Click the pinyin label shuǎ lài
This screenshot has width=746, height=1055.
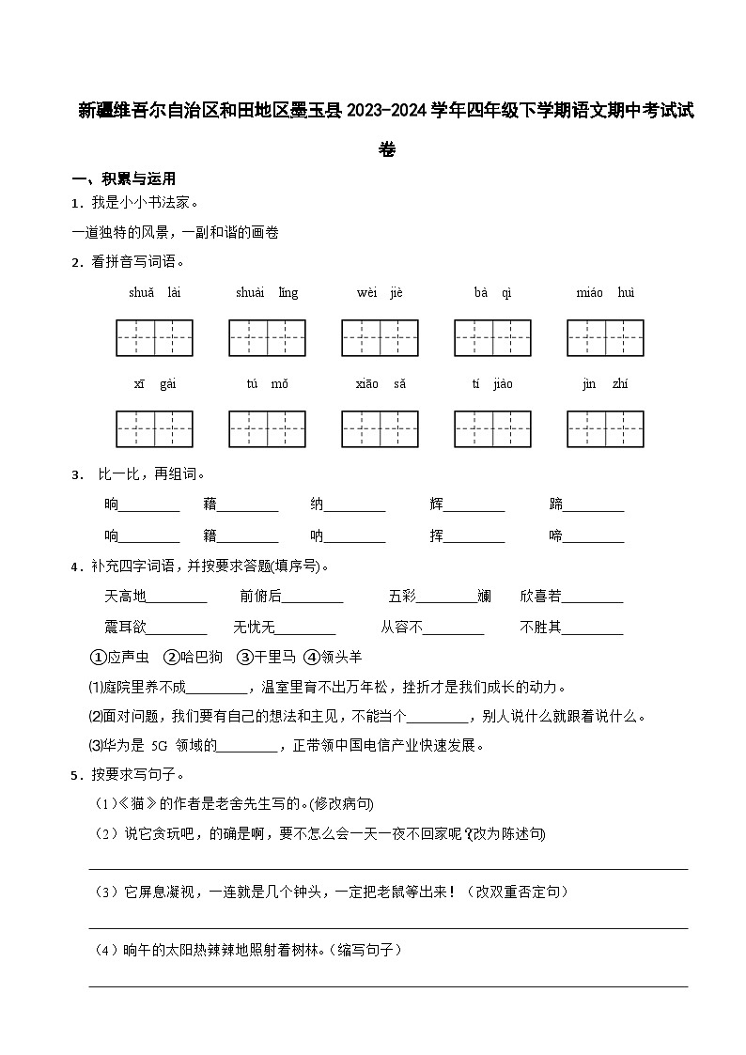pyautogui.click(x=154, y=293)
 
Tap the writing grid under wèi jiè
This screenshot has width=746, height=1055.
pyautogui.click(x=380, y=338)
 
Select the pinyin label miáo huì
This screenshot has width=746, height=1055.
pyautogui.click(x=605, y=293)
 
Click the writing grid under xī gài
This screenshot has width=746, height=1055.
pyautogui.click(x=154, y=428)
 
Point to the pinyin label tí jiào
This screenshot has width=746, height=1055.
pyautogui.click(x=492, y=384)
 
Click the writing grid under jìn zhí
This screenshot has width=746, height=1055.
pyautogui.click(x=605, y=428)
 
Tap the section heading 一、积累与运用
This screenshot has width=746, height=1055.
pyautogui.click(x=123, y=178)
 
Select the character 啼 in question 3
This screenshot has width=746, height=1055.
pyautogui.click(x=556, y=536)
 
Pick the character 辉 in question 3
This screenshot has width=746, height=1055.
pyautogui.click(x=437, y=504)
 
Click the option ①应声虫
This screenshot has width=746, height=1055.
pyautogui.click(x=119, y=657)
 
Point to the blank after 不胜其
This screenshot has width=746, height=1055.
pyautogui.click(x=592, y=628)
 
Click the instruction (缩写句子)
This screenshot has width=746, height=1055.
pyautogui.click(x=369, y=951)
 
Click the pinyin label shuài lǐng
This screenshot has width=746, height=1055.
pyautogui.click(x=267, y=293)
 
